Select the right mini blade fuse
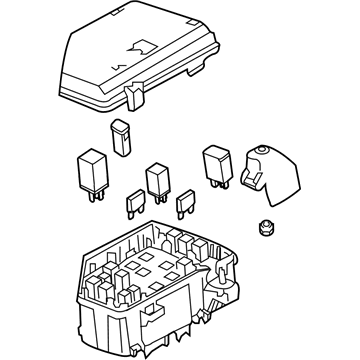point(184,204)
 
